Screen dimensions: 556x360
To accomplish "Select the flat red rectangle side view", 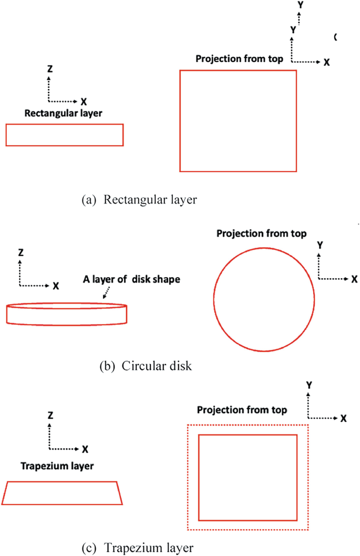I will point(64,135).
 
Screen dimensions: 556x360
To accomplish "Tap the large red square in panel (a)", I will point(238,120).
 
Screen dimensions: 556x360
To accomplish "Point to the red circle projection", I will point(264,299).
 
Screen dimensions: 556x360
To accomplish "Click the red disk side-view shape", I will point(66,314).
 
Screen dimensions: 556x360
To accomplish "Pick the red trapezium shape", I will point(62,493).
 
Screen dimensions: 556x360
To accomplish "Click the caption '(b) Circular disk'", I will point(146,366).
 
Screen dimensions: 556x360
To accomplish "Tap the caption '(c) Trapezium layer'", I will point(137,548).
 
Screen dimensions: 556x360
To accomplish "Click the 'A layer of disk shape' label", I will point(131,280).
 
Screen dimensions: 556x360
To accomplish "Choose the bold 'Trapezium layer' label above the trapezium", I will point(57,466).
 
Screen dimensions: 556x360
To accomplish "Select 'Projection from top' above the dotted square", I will point(241,410).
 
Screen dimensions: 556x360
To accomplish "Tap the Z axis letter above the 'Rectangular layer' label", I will point(50,69).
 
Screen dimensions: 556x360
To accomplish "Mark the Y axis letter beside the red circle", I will point(320,245).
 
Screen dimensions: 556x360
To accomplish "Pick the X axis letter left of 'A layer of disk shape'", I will point(56,286).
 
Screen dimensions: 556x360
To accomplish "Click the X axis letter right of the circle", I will point(354,278).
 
